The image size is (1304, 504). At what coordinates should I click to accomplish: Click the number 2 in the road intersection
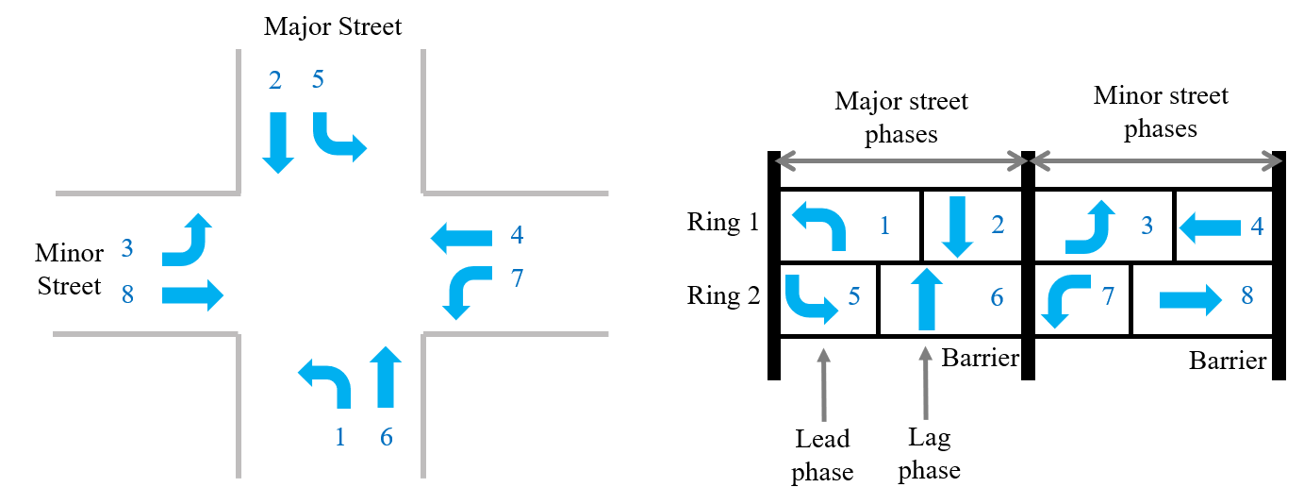[274, 81]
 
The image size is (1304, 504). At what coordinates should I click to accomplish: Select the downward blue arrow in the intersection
[278, 142]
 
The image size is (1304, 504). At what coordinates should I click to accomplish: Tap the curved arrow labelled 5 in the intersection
[338, 137]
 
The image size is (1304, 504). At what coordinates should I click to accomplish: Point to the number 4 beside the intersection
[516, 235]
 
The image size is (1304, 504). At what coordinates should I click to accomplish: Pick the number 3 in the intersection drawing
[127, 249]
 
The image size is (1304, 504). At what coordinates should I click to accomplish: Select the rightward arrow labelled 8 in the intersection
[192, 295]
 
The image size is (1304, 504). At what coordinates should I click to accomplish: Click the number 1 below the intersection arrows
[340, 437]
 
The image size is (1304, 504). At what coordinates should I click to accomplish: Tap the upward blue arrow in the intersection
[385, 376]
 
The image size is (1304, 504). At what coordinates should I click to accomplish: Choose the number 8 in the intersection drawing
[127, 295]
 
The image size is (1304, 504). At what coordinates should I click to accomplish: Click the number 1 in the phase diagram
[884, 226]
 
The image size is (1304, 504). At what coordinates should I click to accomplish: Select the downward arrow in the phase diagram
[957, 227]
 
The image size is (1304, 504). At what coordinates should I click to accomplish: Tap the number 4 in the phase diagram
[1257, 227]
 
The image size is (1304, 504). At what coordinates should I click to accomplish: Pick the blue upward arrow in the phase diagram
[927, 298]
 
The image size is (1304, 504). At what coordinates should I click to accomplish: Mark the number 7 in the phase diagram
[1108, 297]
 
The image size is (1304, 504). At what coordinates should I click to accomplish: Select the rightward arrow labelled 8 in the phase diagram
[1190, 299]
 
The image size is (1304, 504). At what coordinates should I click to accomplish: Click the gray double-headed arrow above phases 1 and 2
[900, 161]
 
